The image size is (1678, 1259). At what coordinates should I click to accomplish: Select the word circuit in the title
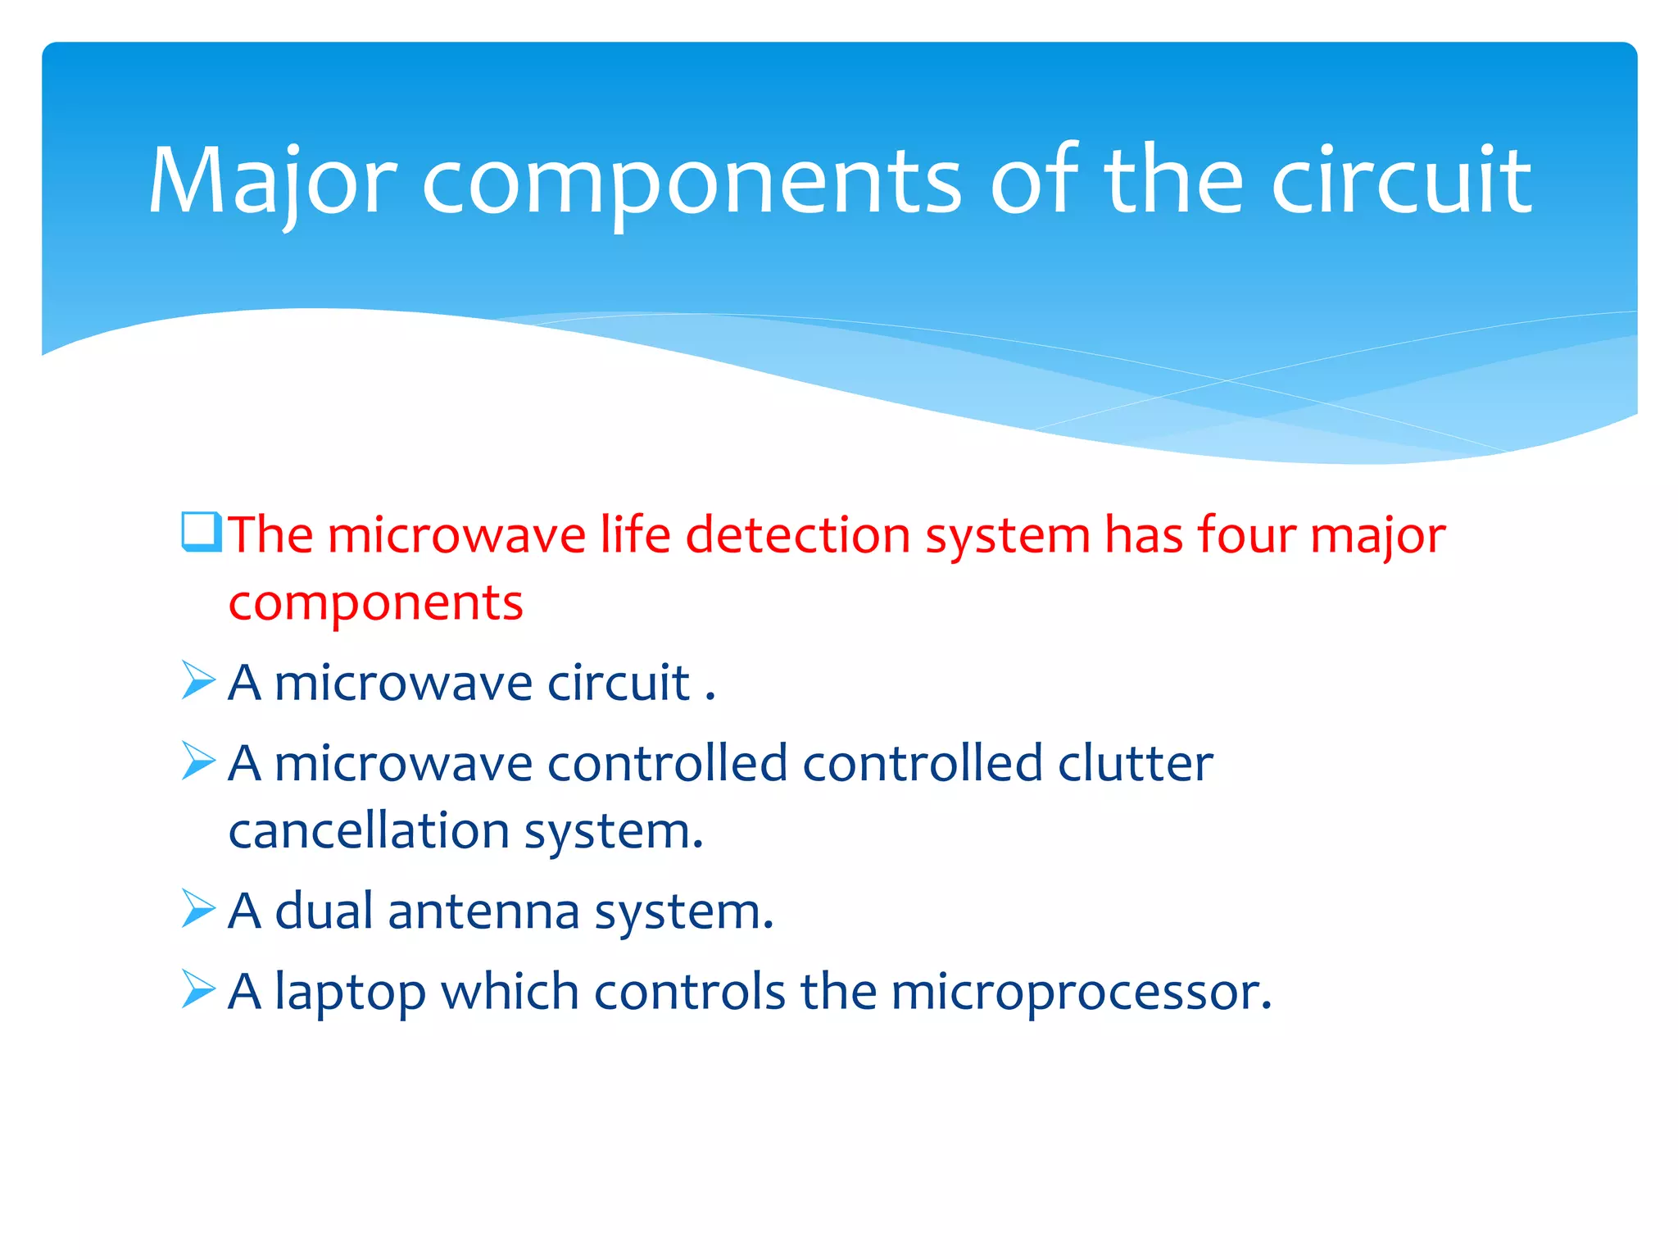[x=1401, y=182]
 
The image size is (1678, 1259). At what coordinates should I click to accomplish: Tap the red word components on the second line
[x=375, y=604]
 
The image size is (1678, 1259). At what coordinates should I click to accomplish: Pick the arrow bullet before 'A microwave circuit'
[x=198, y=680]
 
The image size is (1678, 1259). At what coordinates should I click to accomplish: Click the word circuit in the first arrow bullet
[x=619, y=682]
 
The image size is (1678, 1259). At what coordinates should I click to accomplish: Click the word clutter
[x=1135, y=763]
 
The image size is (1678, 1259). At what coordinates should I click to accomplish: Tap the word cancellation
[x=369, y=831]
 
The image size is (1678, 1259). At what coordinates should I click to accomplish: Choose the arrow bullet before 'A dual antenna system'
[x=198, y=909]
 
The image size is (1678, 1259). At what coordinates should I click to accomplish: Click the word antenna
[x=483, y=911]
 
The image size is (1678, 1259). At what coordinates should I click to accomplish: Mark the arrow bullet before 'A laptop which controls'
[x=198, y=989]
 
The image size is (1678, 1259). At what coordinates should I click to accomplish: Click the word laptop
[x=351, y=993]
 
